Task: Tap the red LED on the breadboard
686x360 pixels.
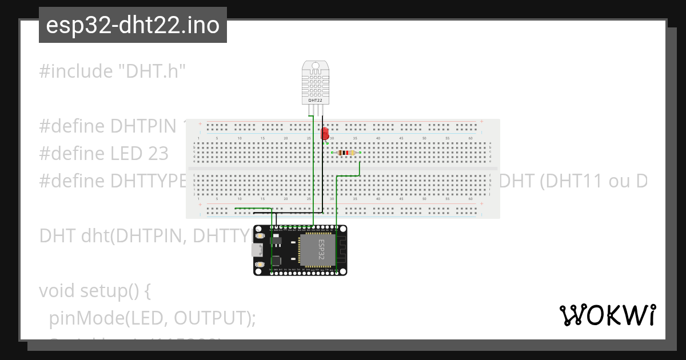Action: coord(325,133)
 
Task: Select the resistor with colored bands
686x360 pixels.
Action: coord(345,153)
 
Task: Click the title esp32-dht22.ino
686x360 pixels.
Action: coord(133,25)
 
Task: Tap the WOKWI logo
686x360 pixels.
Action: coord(608,315)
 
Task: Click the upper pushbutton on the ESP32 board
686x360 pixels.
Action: coord(261,235)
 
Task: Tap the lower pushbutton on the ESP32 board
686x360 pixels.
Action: coord(261,264)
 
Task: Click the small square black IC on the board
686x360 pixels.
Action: coord(277,260)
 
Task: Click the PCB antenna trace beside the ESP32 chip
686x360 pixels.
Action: coord(341,250)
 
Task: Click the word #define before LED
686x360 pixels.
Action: coord(72,154)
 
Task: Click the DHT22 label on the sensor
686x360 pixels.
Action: coord(316,100)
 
